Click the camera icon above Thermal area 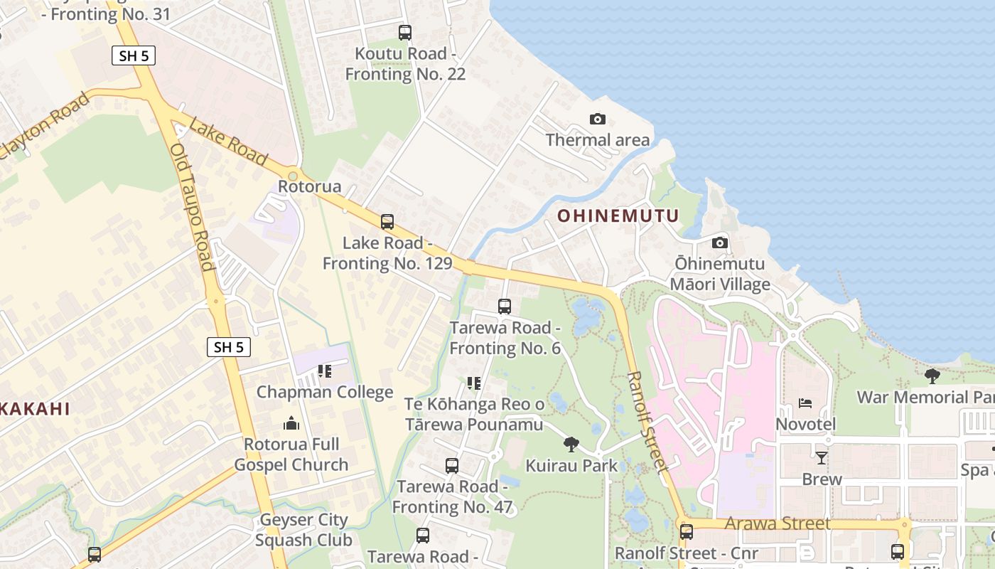click(598, 119)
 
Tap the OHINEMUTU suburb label click(618, 216)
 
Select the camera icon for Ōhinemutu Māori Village click(720, 243)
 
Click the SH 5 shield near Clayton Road click(134, 55)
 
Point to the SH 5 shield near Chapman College click(229, 347)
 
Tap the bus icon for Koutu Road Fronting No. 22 click(404, 32)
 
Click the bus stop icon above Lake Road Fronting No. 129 click(387, 221)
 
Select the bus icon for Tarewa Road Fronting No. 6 click(505, 307)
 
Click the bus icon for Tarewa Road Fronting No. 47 click(451, 466)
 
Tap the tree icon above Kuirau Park click(571, 445)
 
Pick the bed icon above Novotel click(805, 403)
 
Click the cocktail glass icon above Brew click(822, 457)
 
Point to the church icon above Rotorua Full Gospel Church click(291, 423)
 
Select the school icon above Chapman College click(325, 371)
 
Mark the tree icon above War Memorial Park click(932, 376)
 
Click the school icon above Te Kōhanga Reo click(474, 383)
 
